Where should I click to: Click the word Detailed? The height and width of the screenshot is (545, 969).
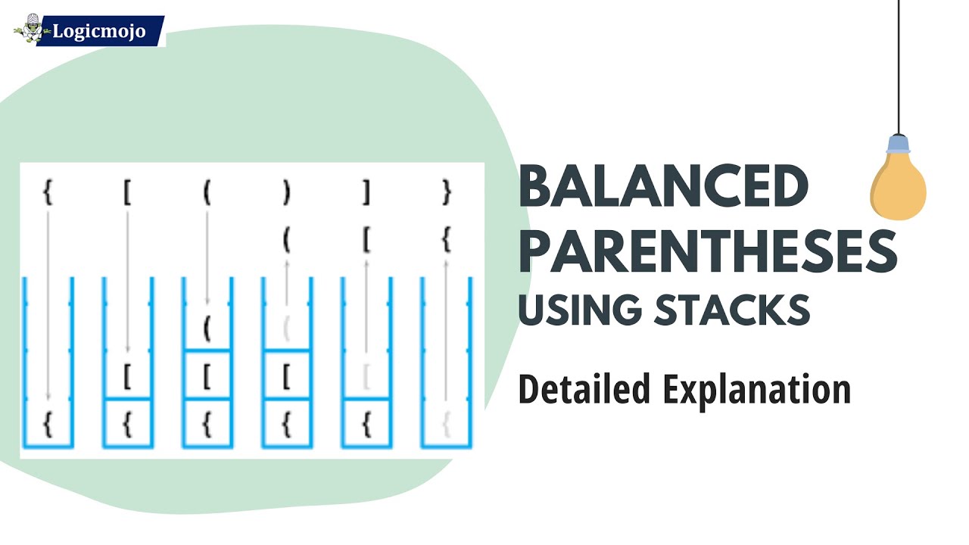(x=584, y=389)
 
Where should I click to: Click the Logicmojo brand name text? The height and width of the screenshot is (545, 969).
(x=98, y=33)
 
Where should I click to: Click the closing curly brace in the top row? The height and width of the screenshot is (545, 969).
(x=446, y=194)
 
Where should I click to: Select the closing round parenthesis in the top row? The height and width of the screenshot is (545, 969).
(x=286, y=194)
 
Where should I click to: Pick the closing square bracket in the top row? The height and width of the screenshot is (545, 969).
(x=366, y=194)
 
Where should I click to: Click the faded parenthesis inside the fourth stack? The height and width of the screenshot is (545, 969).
(x=286, y=329)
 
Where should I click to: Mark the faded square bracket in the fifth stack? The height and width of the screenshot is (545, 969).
(x=366, y=376)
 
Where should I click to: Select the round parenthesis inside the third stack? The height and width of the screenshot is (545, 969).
(x=207, y=329)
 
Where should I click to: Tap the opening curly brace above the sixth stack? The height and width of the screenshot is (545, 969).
(x=446, y=241)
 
